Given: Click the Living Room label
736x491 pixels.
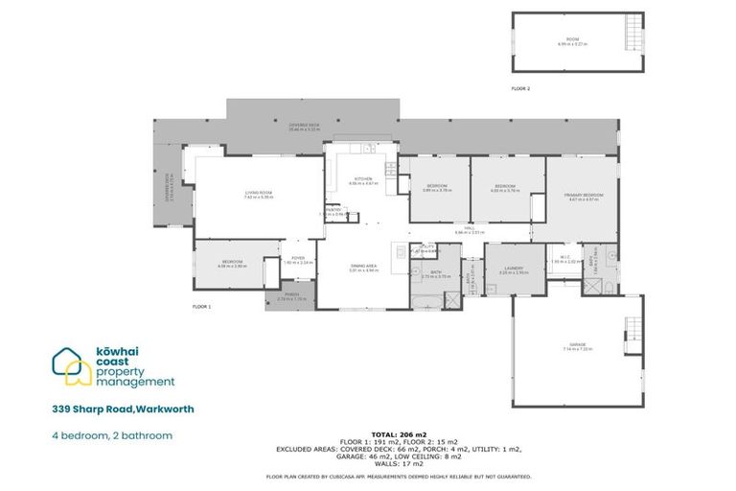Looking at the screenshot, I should [259, 195].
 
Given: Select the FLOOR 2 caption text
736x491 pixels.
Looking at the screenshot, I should [520, 88].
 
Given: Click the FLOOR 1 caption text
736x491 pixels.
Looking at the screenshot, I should [201, 307].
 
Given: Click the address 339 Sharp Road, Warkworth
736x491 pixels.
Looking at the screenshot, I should [123, 409].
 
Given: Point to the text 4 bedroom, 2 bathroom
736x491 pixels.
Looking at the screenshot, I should [112, 435].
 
